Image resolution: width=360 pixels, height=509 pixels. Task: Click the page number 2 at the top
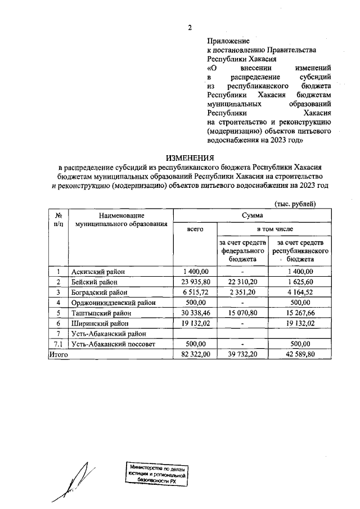[x=190, y=28]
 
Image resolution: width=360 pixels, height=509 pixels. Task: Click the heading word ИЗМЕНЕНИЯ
[x=190, y=158]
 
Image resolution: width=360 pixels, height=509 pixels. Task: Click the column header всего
[x=194, y=229]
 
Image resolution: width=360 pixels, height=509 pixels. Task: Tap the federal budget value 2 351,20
[x=242, y=292]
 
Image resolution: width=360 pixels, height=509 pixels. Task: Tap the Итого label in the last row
[x=58, y=355]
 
